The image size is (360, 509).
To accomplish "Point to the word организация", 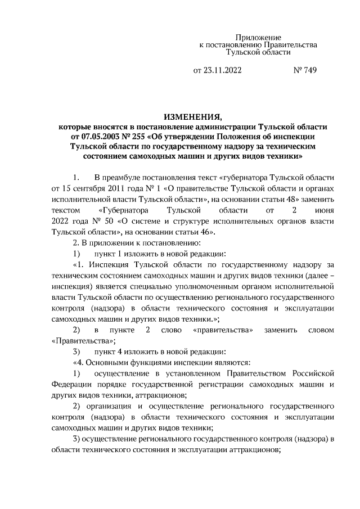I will pyautogui.click(x=111, y=407).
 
